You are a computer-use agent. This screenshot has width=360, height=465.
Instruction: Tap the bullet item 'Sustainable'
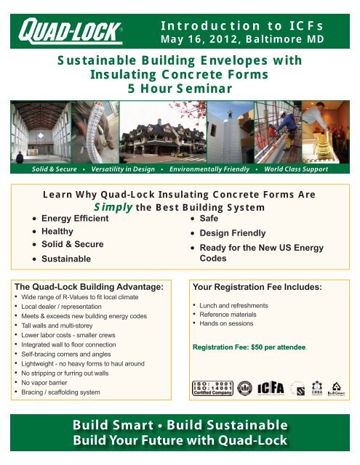click(66, 259)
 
